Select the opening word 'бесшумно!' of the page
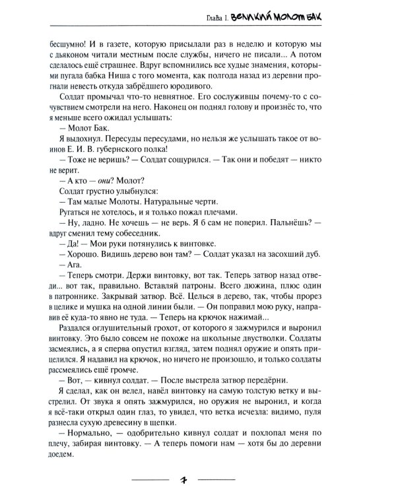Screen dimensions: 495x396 pyautogui.click(x=69, y=45)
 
